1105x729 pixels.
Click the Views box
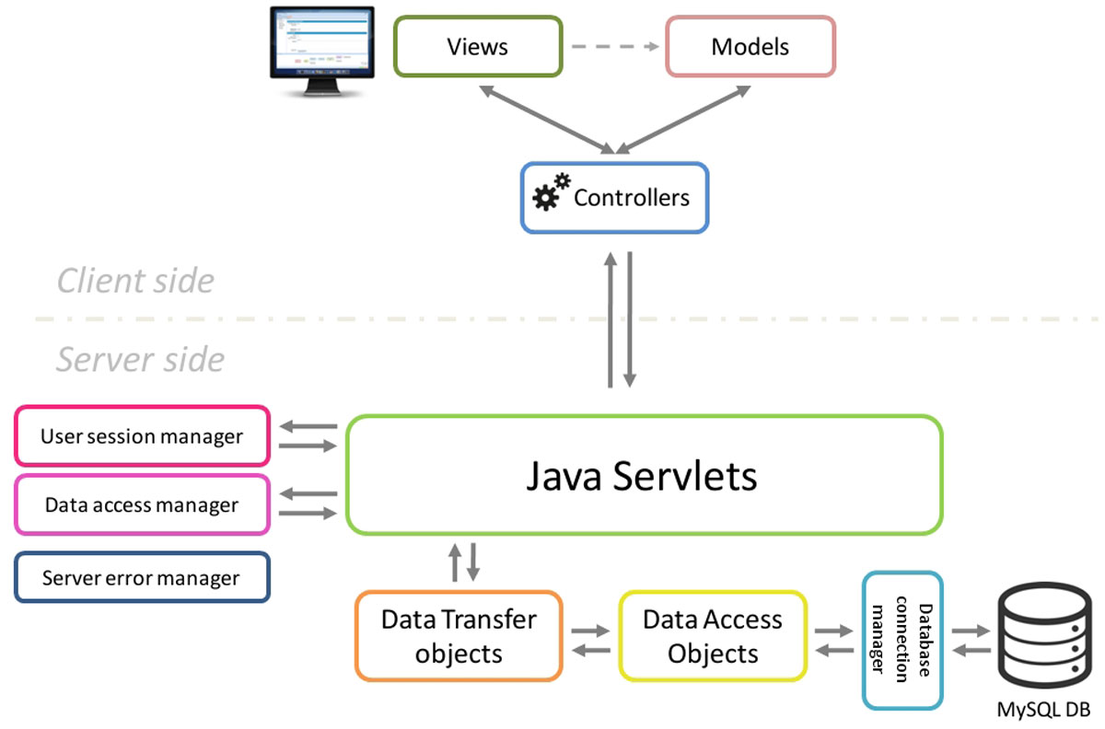[477, 46]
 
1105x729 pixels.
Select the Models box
[750, 46]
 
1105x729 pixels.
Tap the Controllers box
[614, 198]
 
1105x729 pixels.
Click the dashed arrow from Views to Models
[613, 46]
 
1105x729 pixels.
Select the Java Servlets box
[644, 475]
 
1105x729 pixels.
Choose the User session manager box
[142, 436]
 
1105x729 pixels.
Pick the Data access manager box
[142, 504]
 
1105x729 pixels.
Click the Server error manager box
[142, 577]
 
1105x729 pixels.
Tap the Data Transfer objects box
[459, 636]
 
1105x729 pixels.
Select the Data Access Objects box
[713, 636]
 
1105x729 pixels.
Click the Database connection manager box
[902, 641]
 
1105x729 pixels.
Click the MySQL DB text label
[1043, 710]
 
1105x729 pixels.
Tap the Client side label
[135, 281]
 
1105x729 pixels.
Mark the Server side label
[140, 359]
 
